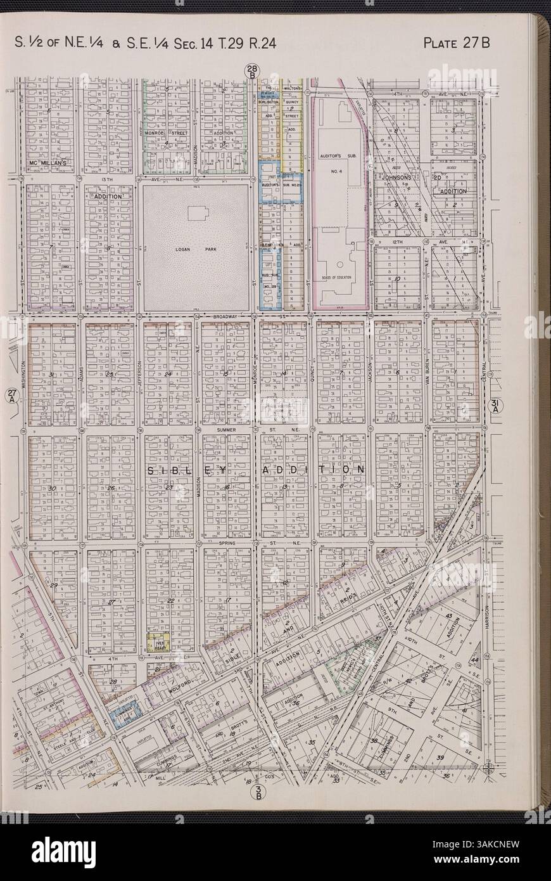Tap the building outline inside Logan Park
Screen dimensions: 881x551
pyautogui.click(x=202, y=215)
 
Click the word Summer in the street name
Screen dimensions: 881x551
pyautogui.click(x=226, y=430)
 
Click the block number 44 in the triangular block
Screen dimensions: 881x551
pyautogui.click(x=474, y=661)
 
